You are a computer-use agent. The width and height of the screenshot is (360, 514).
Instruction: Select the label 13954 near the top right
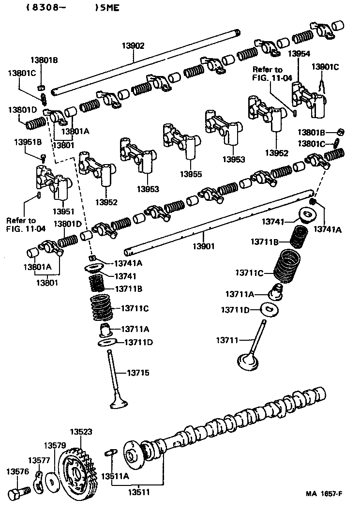point(299,54)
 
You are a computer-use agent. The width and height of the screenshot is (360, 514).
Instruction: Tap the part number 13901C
point(325,67)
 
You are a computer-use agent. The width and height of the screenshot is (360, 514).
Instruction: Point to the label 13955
point(190,174)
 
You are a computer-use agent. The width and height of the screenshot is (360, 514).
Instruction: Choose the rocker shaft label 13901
point(203,246)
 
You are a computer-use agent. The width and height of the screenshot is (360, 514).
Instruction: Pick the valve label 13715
point(138,373)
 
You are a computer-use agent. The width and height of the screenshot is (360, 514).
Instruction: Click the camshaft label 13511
point(138,492)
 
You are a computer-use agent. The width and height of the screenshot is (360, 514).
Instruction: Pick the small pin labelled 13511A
point(109,453)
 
